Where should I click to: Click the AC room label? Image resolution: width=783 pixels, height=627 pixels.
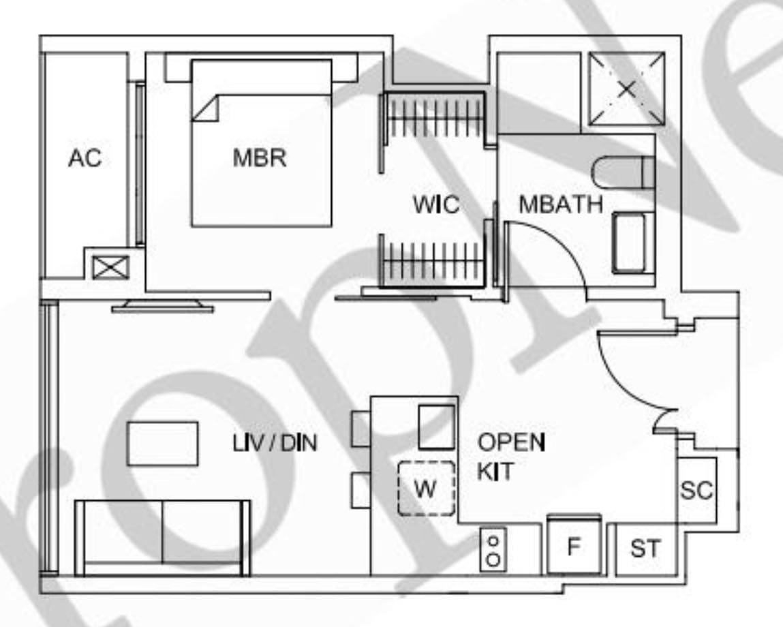(85, 158)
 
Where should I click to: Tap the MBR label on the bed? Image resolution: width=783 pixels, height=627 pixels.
(260, 158)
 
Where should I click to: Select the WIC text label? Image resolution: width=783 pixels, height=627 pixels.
(435, 204)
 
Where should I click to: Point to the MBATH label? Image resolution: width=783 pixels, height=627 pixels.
(560, 204)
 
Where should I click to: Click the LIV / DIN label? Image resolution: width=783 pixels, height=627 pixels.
(275, 444)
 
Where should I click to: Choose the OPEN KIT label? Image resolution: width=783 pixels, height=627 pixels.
(510, 457)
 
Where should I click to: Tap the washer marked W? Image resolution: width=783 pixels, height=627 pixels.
(426, 489)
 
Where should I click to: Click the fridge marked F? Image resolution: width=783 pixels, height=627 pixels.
(574, 547)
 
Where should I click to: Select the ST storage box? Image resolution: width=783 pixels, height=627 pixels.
(645, 549)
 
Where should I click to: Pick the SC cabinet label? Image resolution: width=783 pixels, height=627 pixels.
(696, 490)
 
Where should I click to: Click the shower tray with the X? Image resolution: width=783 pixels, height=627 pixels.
(627, 89)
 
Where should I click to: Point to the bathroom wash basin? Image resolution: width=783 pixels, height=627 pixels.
(633, 243)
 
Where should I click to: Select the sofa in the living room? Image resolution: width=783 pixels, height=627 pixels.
(162, 537)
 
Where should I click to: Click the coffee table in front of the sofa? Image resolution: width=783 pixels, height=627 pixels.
(162, 444)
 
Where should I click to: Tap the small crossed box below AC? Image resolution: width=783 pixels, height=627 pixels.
(110, 266)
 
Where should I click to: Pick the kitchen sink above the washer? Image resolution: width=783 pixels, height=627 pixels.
(435, 427)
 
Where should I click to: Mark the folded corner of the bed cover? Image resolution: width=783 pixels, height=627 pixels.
(204, 108)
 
